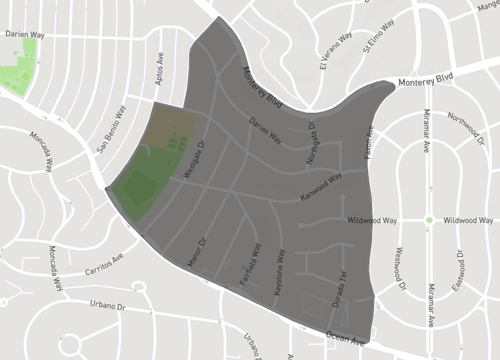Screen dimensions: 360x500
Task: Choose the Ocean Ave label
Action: pos(344,341)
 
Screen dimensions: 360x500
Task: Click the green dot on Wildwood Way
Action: pos(428,220)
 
